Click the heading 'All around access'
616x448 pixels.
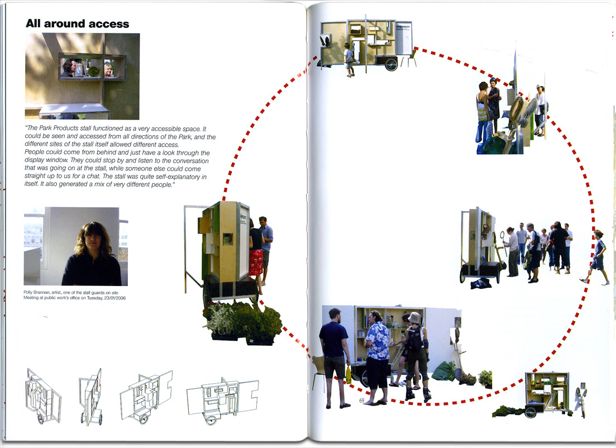tap(78, 23)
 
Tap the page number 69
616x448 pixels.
tap(362, 400)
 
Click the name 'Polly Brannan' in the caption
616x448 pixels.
tap(34, 292)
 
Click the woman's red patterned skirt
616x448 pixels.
tap(256, 262)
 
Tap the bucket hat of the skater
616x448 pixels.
tap(414, 317)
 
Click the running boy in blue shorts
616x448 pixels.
tap(596, 256)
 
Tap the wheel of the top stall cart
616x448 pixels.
tap(391, 64)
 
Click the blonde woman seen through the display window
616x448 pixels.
tap(108, 70)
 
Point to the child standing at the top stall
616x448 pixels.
tap(349, 60)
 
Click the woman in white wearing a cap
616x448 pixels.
tap(541, 111)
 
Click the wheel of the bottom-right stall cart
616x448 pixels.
tap(531, 412)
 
